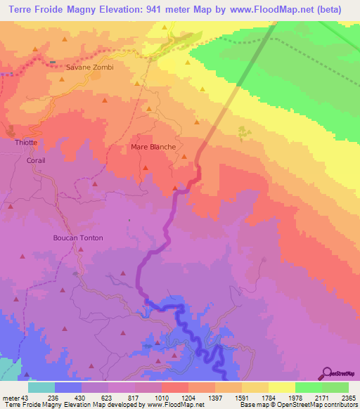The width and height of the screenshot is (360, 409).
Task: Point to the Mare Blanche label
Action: click(x=153, y=147)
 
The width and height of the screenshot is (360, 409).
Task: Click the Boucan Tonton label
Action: click(x=78, y=238)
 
